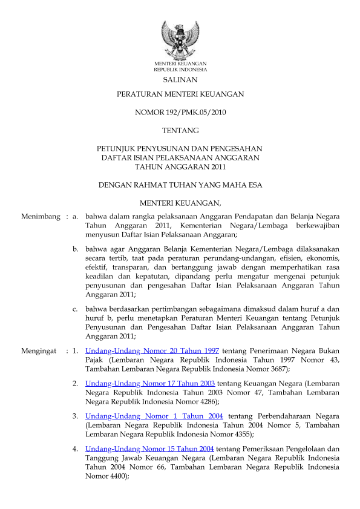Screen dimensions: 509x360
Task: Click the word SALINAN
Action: [x=180, y=80]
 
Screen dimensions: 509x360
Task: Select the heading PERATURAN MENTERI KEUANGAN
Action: [x=180, y=95]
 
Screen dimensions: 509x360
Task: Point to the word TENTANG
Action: [x=180, y=130]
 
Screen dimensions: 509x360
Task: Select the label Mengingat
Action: [x=39, y=351]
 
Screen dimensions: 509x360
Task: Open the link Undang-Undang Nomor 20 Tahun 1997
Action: [x=152, y=351]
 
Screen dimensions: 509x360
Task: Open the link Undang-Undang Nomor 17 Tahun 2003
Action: [x=151, y=384]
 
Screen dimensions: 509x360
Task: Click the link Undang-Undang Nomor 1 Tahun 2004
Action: [x=154, y=416]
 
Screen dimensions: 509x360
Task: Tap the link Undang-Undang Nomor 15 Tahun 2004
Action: [x=150, y=449]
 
